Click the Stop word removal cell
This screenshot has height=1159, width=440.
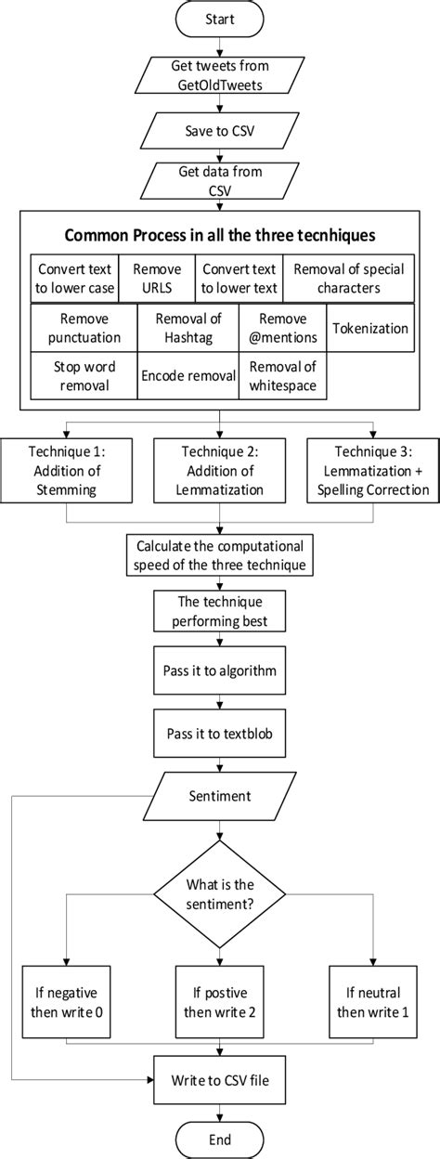pyautogui.click(x=82, y=376)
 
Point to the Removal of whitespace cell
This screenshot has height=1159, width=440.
pyautogui.click(x=283, y=376)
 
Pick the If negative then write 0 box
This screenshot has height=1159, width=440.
pyautogui.click(x=66, y=990)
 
